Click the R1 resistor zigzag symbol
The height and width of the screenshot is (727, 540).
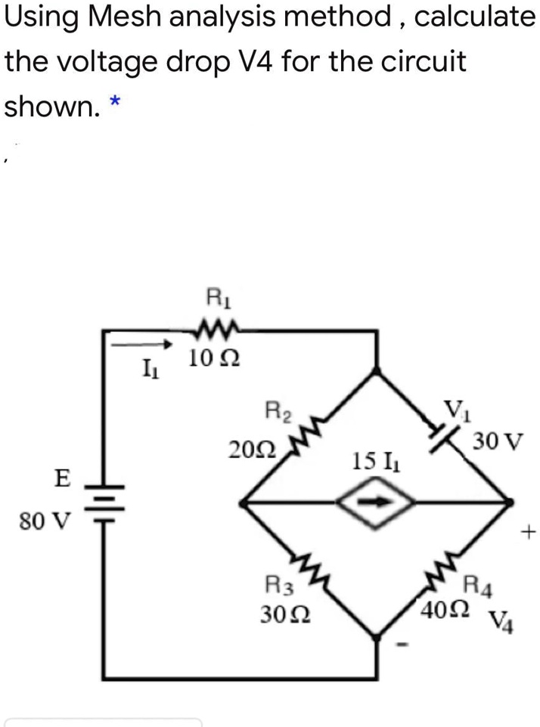point(215,329)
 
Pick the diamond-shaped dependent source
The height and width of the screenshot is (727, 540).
point(377,503)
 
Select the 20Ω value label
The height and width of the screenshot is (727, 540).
point(250,450)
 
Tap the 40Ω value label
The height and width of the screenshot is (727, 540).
point(446,608)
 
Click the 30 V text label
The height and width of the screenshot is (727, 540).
point(497,440)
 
